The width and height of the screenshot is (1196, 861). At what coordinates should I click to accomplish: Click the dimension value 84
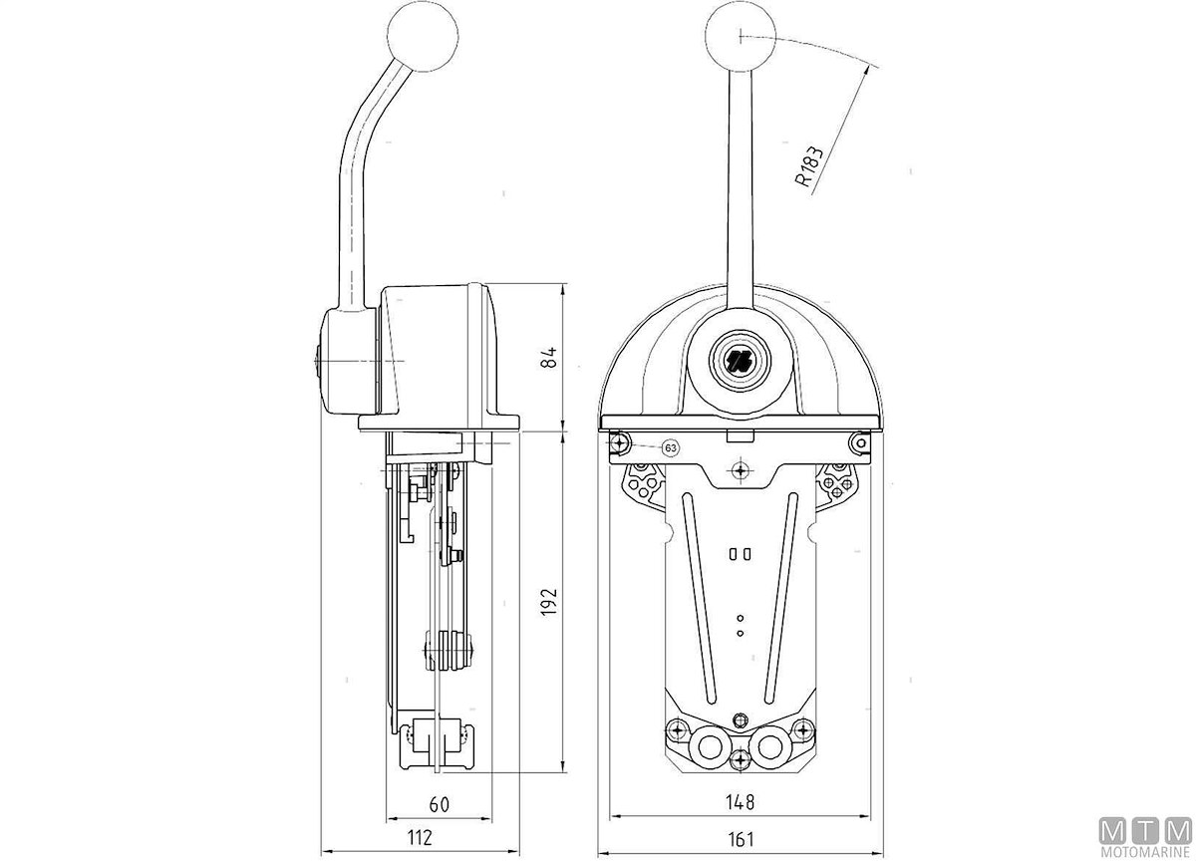[x=549, y=356]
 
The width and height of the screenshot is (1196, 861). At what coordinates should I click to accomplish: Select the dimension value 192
[x=549, y=602]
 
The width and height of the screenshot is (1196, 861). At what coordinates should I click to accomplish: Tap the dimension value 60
[x=439, y=804]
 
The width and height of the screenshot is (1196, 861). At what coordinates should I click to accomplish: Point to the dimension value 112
[x=420, y=837]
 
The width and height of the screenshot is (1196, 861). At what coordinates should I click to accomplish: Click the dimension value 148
[x=740, y=802]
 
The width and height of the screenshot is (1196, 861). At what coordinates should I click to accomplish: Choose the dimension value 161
[x=741, y=839]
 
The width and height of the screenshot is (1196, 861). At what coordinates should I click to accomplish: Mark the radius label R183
[x=809, y=166]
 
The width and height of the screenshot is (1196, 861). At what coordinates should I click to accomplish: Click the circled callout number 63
[x=671, y=447]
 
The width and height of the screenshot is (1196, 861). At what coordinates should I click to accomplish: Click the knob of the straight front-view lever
[x=740, y=36]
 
